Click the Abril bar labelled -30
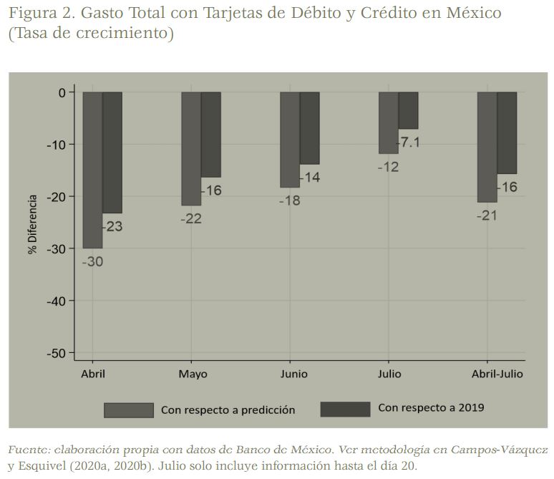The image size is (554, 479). (92, 170)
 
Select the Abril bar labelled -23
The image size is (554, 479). (112, 152)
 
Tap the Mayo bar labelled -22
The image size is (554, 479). (191, 148)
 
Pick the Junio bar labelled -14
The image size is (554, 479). (309, 127)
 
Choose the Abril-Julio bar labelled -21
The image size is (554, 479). (487, 147)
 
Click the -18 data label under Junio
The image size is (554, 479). (289, 200)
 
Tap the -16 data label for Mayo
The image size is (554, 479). (212, 190)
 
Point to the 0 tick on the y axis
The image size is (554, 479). (62, 92)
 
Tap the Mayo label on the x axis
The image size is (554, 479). (193, 374)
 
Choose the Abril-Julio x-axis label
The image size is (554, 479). (497, 374)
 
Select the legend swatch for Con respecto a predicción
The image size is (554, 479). (129, 410)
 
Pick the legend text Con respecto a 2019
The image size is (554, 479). (431, 407)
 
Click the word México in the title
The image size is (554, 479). (468, 13)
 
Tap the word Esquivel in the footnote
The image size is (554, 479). (43, 466)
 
